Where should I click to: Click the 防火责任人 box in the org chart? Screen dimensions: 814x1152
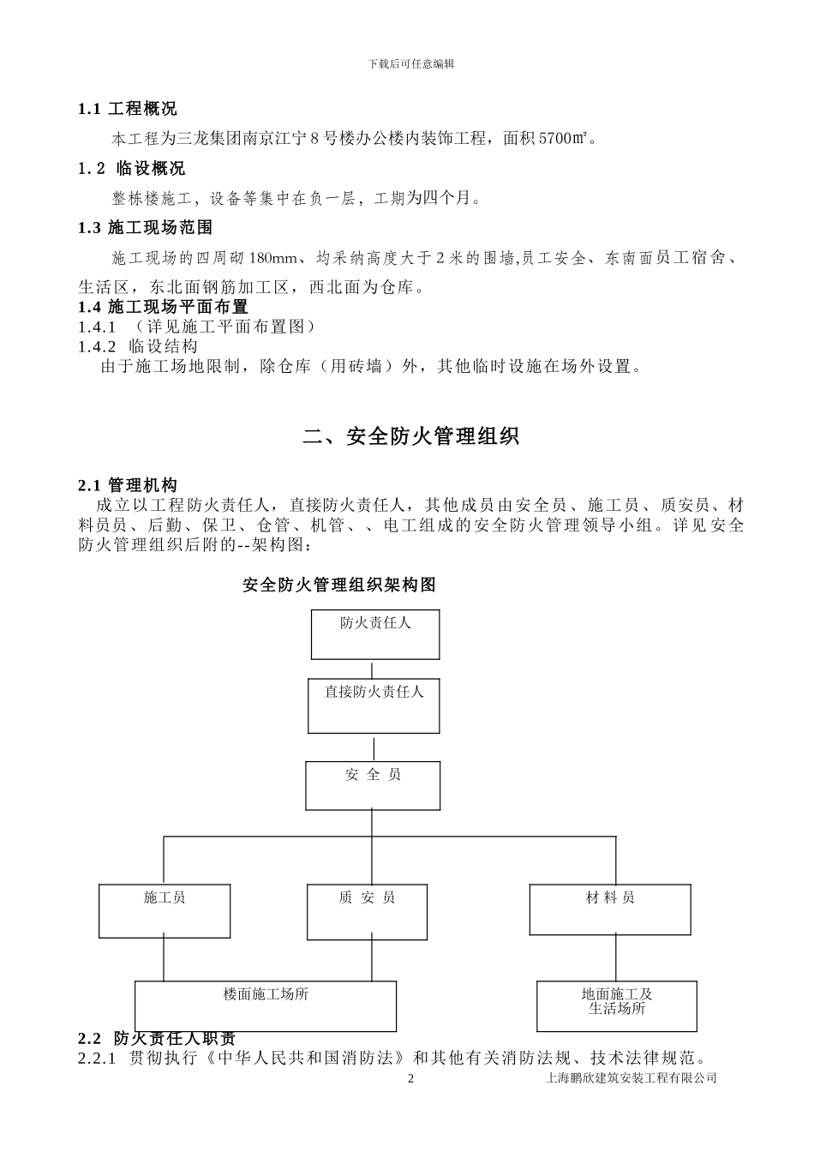pyautogui.click(x=375, y=634)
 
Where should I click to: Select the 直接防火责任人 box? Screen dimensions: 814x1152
pyautogui.click(x=374, y=705)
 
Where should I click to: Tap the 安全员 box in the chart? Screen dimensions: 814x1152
pyautogui.click(x=373, y=786)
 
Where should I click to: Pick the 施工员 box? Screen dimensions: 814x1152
pyautogui.click(x=165, y=910)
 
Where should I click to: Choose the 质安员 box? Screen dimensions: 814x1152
pyautogui.click(x=367, y=910)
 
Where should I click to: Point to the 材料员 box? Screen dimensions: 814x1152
pyautogui.click(x=610, y=909)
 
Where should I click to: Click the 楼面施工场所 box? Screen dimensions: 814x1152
pyautogui.click(x=266, y=1005)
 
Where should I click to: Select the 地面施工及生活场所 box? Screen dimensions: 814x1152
pyautogui.click(x=617, y=1005)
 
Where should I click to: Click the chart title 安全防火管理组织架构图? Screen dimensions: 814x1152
pyautogui.click(x=339, y=585)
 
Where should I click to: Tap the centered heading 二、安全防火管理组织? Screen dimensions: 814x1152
pyautogui.click(x=410, y=436)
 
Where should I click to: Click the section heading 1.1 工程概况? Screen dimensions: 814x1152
pyautogui.click(x=128, y=109)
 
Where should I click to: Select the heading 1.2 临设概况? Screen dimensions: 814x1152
pyautogui.click(x=131, y=168)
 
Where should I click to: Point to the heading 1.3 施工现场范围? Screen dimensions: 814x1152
pyautogui.click(x=145, y=227)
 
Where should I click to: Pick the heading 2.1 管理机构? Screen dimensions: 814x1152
pyautogui.click(x=128, y=486)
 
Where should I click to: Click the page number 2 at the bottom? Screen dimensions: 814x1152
pyautogui.click(x=410, y=1078)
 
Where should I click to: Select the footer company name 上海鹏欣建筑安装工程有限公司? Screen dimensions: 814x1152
pyautogui.click(x=631, y=1078)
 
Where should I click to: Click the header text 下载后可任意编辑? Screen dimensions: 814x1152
pyautogui.click(x=410, y=63)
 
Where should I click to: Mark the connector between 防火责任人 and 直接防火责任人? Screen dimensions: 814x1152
pyautogui.click(x=372, y=669)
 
